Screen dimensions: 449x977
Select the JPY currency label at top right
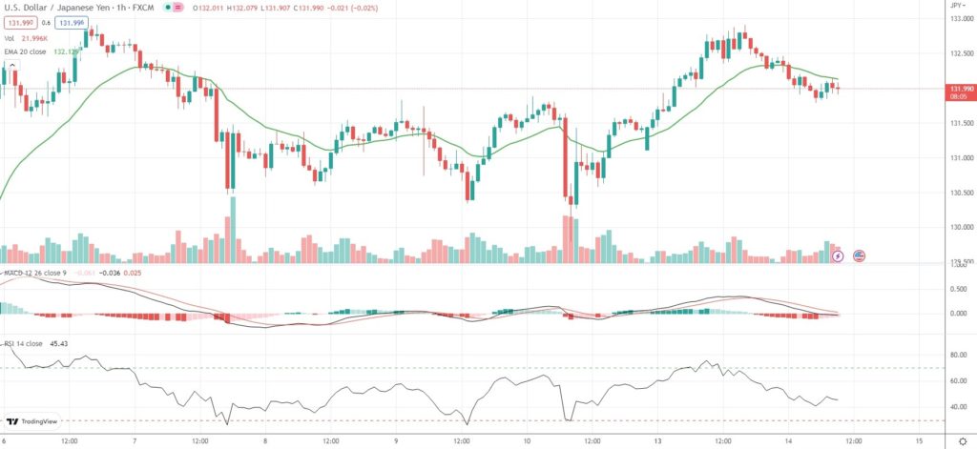click(956, 6)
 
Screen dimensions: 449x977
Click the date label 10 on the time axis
click(527, 440)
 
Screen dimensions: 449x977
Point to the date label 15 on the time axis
click(918, 440)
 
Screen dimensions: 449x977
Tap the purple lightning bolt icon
click(838, 255)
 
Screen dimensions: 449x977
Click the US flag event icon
click(859, 255)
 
